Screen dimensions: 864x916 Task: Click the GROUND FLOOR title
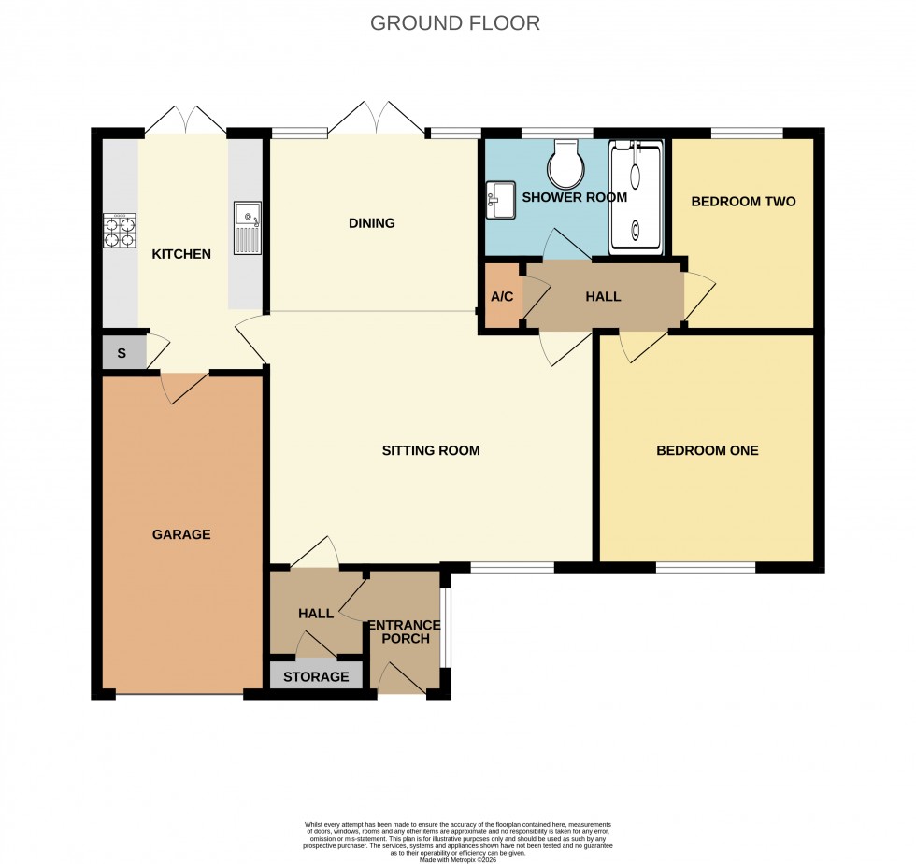pyautogui.click(x=455, y=23)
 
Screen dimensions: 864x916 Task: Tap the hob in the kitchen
pyautogui.click(x=120, y=230)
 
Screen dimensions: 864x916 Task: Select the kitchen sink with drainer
pyautogui.click(x=248, y=227)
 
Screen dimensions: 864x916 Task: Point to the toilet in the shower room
pyautogui.click(x=566, y=164)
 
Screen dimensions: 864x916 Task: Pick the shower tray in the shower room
pyautogui.click(x=636, y=197)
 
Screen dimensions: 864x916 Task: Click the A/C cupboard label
pyautogui.click(x=502, y=297)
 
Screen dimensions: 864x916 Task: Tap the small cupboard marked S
pyautogui.click(x=122, y=353)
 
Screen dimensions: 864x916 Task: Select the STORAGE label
pyautogui.click(x=316, y=676)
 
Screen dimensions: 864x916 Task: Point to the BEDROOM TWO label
pyautogui.click(x=743, y=201)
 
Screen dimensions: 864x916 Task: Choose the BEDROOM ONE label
pyautogui.click(x=707, y=450)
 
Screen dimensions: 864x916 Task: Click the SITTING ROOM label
pyautogui.click(x=431, y=450)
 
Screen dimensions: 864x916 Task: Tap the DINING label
pyautogui.click(x=372, y=223)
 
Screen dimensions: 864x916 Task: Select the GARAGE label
pyautogui.click(x=181, y=534)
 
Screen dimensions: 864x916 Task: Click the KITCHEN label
pyautogui.click(x=181, y=254)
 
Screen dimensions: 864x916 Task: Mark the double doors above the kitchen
pyautogui.click(x=185, y=121)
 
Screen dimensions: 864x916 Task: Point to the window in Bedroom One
pyautogui.click(x=705, y=567)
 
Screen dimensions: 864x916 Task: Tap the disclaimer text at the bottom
pyautogui.click(x=458, y=838)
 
